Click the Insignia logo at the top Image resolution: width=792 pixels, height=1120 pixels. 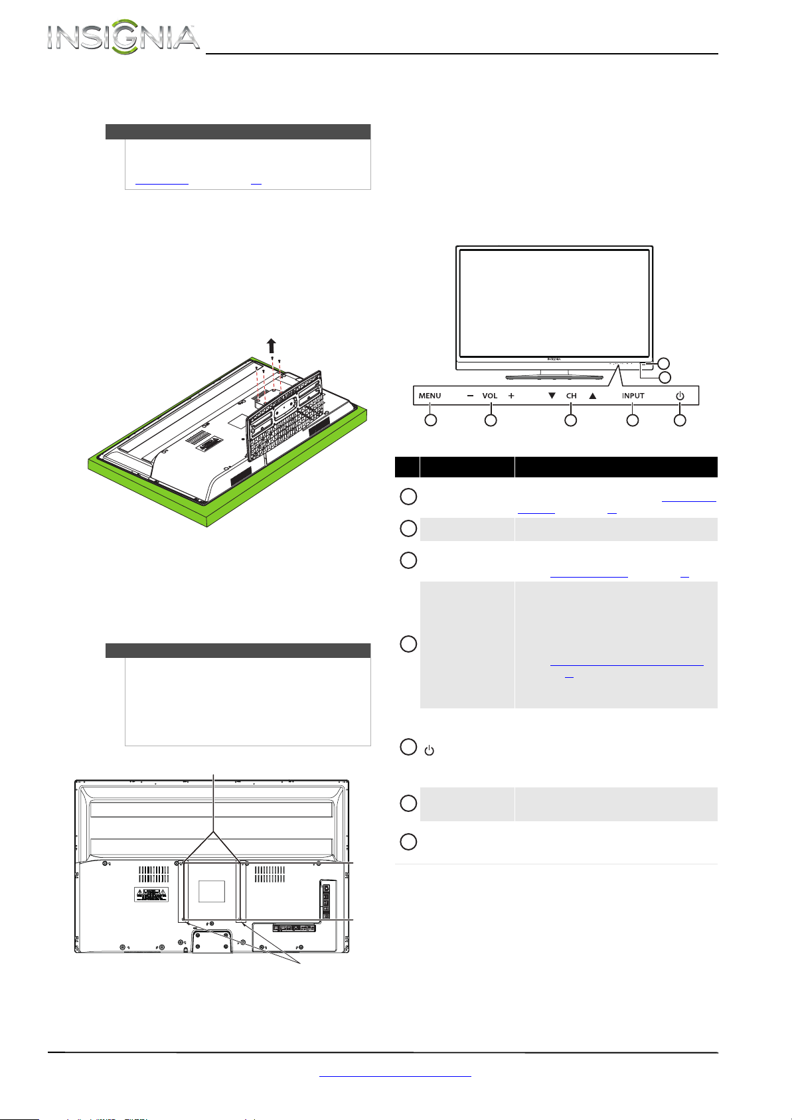point(123,37)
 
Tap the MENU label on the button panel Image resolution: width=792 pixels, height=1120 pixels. point(430,396)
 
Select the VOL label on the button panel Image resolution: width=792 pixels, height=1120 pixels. point(489,396)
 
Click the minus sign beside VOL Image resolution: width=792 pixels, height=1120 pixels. point(470,396)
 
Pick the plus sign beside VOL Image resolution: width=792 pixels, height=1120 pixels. point(511,396)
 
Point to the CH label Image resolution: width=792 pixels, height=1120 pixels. point(571,396)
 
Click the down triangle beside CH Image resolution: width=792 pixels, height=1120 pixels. point(552,396)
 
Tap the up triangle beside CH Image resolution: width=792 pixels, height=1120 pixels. point(592,396)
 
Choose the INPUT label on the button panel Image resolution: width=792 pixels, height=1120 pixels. point(633,396)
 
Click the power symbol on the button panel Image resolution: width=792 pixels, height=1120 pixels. point(680,396)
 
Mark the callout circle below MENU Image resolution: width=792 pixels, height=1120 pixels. point(430,420)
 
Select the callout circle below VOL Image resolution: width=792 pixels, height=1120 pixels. point(491,420)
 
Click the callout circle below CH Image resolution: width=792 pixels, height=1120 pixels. point(570,420)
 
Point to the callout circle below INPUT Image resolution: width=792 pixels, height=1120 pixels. point(633,420)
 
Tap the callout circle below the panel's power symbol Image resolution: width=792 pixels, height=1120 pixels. point(680,420)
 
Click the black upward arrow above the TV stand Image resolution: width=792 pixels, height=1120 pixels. point(271,346)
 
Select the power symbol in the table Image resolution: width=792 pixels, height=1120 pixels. point(429,750)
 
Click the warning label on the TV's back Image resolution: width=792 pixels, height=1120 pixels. point(151,894)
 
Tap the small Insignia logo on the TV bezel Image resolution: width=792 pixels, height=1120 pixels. point(554,359)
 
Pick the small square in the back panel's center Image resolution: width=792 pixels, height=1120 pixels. point(212,891)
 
